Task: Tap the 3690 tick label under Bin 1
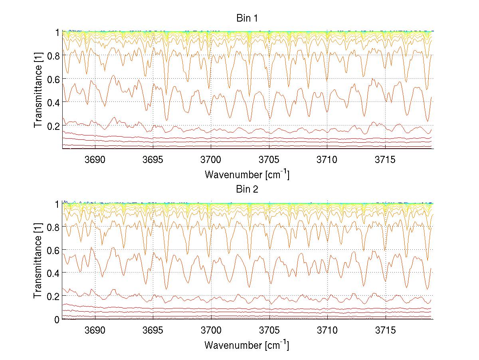(x=95, y=160)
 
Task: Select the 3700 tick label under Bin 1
(x=211, y=160)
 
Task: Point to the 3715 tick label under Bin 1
(x=385, y=160)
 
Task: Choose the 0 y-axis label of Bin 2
(x=57, y=319)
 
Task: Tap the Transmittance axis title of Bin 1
(x=38, y=90)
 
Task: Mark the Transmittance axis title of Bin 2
(x=38, y=261)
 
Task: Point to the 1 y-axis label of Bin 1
(x=57, y=32)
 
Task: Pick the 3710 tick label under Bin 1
(x=327, y=160)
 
